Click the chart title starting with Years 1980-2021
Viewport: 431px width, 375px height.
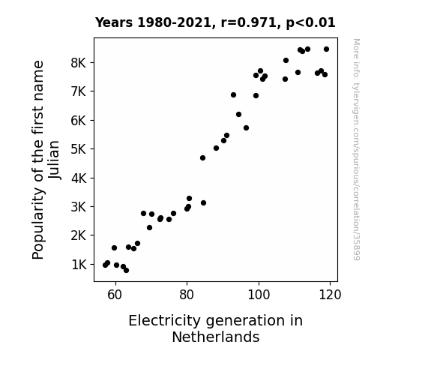pos(215,22)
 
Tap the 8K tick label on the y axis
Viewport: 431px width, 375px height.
pos(79,63)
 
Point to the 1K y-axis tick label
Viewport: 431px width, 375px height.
pos(79,265)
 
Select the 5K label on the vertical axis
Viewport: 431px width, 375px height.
pos(79,149)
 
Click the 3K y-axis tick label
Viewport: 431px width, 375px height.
pos(79,206)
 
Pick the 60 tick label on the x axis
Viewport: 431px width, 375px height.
pos(115,295)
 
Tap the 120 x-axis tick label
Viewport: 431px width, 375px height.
pos(330,295)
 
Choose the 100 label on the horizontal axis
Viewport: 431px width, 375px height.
pos(259,295)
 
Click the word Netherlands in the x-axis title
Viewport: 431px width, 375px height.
pos(216,337)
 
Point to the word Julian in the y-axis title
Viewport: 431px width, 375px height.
pos(54,160)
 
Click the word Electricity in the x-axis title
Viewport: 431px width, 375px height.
pos(165,321)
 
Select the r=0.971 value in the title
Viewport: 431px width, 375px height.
pos(248,22)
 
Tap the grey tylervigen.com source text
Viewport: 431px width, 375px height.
pos(356,149)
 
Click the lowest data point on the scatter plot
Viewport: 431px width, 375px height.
pos(126,271)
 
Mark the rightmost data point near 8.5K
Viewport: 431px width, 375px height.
pos(326,49)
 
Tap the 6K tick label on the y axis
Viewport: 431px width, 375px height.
pos(79,121)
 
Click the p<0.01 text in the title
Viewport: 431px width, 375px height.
pos(310,23)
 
